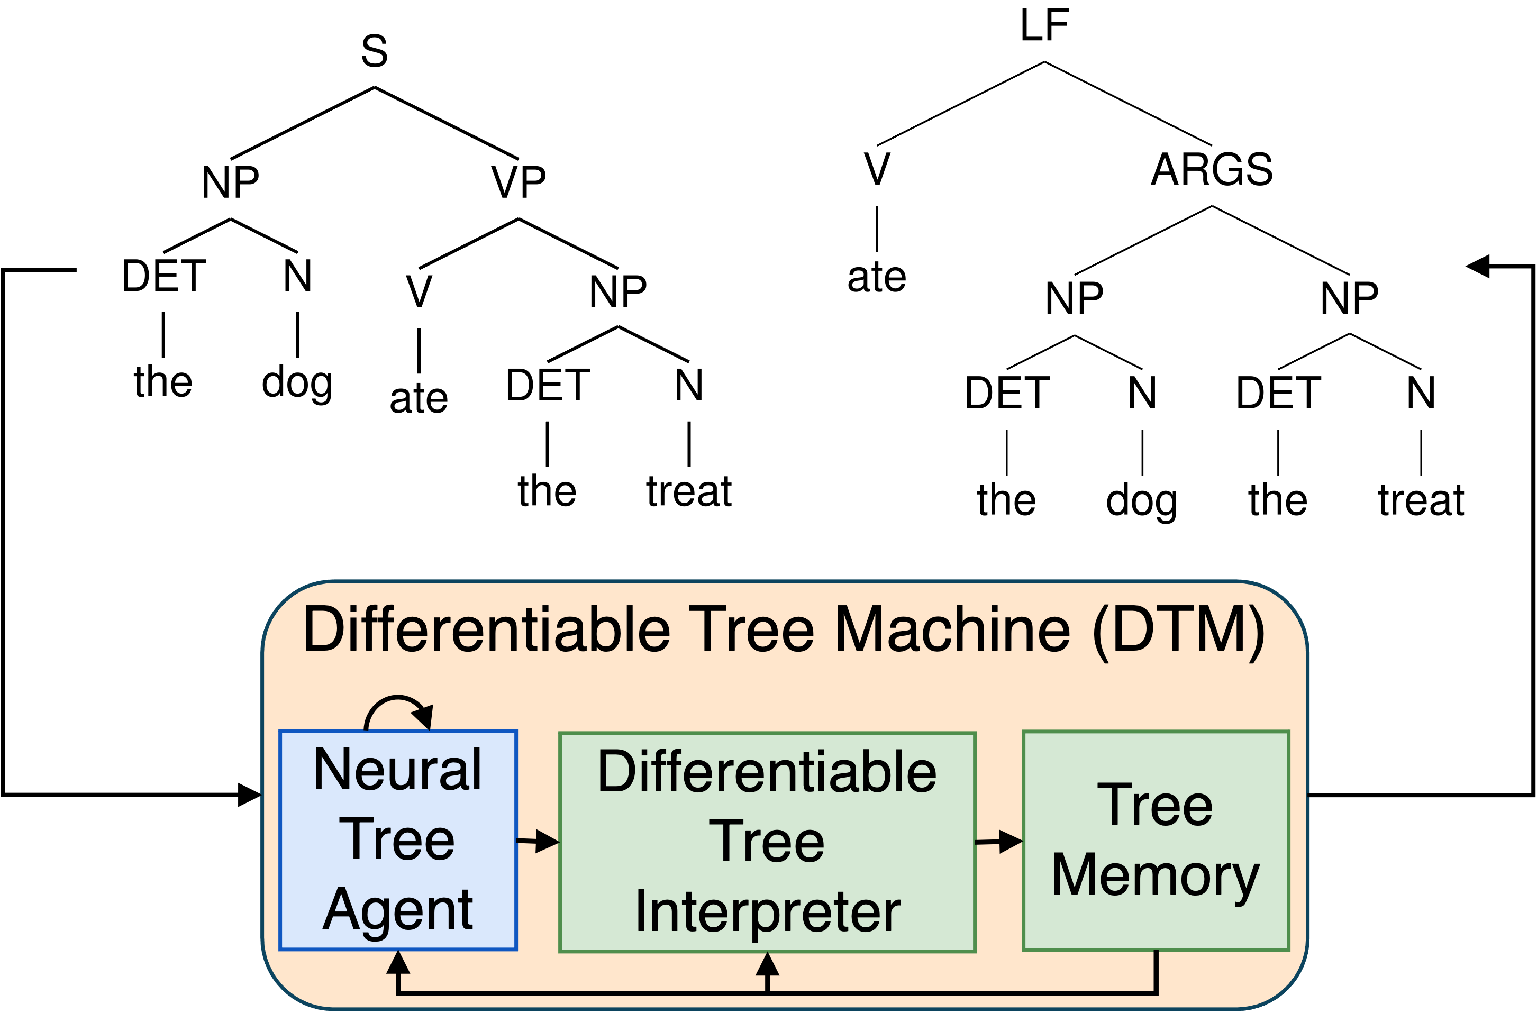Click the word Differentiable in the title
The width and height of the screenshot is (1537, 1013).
tap(486, 630)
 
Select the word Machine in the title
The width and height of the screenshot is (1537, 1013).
tap(952, 630)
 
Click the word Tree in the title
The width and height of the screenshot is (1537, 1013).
tap(751, 630)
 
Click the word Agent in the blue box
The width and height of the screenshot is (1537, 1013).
tap(398, 910)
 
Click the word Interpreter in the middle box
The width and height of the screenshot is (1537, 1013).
tap(768, 912)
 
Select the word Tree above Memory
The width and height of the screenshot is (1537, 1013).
tap(1155, 805)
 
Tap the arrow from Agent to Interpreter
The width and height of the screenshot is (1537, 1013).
tap(538, 842)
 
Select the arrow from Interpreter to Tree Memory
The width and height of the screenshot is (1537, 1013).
tap(999, 842)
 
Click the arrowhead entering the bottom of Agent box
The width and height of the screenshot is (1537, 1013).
tap(398, 963)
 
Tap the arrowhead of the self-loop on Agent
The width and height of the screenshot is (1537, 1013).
tap(424, 716)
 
